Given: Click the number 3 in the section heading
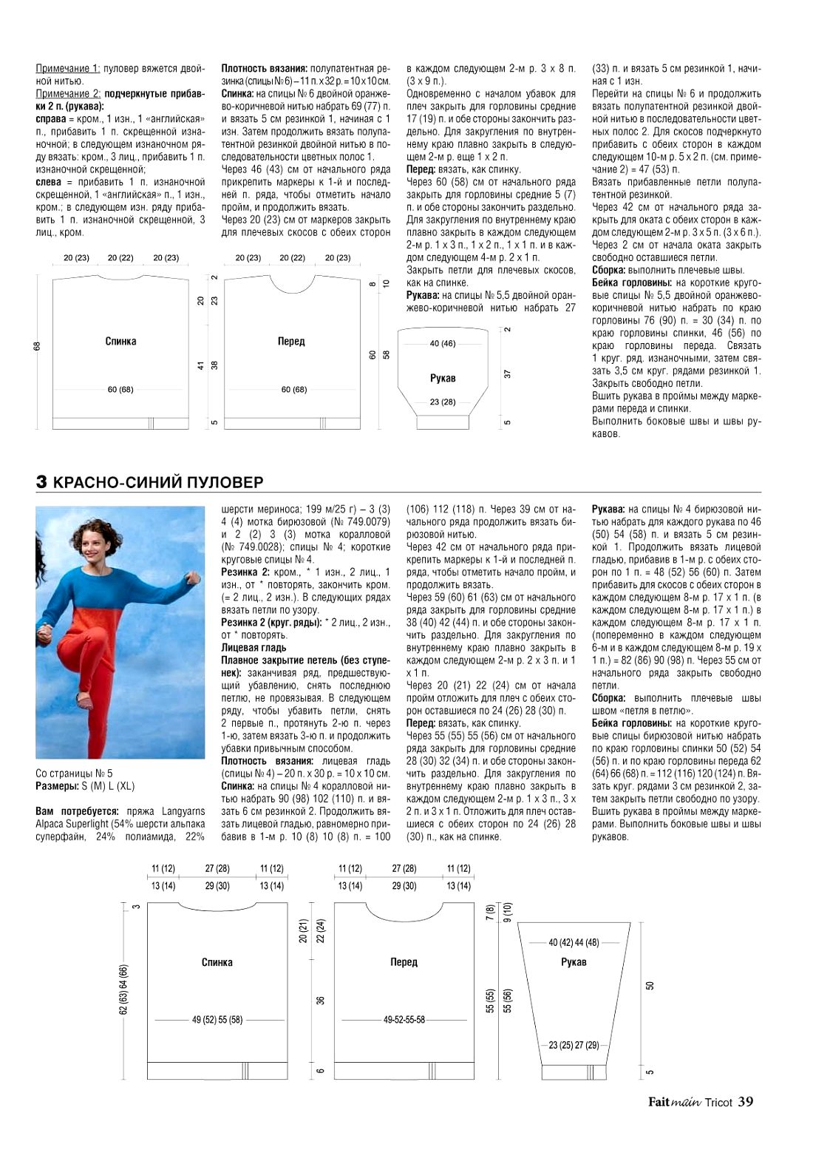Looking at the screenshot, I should click(x=42, y=482).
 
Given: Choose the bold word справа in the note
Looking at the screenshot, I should click(x=51, y=119).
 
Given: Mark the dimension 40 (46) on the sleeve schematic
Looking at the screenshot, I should click(x=443, y=343).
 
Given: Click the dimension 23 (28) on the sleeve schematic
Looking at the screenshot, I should click(x=443, y=402).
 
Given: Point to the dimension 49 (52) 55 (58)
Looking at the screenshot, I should click(x=217, y=1020).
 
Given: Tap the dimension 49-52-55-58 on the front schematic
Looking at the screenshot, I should click(x=404, y=1020).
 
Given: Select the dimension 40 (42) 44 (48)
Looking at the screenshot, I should click(x=574, y=942).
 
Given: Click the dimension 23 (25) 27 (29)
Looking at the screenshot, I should click(x=574, y=1045).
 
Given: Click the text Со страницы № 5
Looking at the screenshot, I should click(x=74, y=774).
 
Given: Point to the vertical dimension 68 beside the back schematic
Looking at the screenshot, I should click(x=38, y=346).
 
